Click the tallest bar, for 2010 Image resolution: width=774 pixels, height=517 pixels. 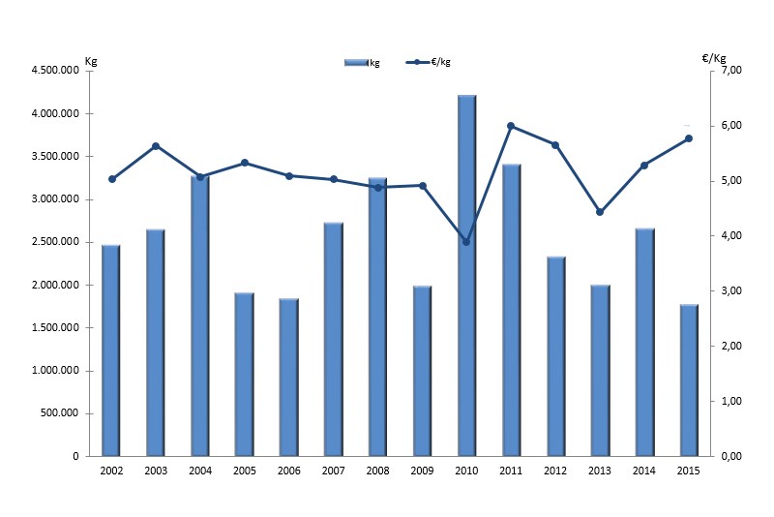[466, 276]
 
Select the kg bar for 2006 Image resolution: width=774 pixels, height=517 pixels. [288, 378]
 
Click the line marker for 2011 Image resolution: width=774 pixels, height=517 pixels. [511, 126]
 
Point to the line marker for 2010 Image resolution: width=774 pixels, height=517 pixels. [466, 242]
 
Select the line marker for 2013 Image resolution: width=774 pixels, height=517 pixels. [600, 212]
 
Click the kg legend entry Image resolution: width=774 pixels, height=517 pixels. [362, 63]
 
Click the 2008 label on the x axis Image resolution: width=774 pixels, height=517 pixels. [377, 471]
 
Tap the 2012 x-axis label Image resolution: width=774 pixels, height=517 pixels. [555, 471]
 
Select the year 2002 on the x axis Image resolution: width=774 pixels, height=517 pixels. [110, 471]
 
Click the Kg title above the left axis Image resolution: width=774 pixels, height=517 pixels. [91, 60]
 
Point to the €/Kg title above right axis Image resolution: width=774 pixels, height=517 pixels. [714, 58]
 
